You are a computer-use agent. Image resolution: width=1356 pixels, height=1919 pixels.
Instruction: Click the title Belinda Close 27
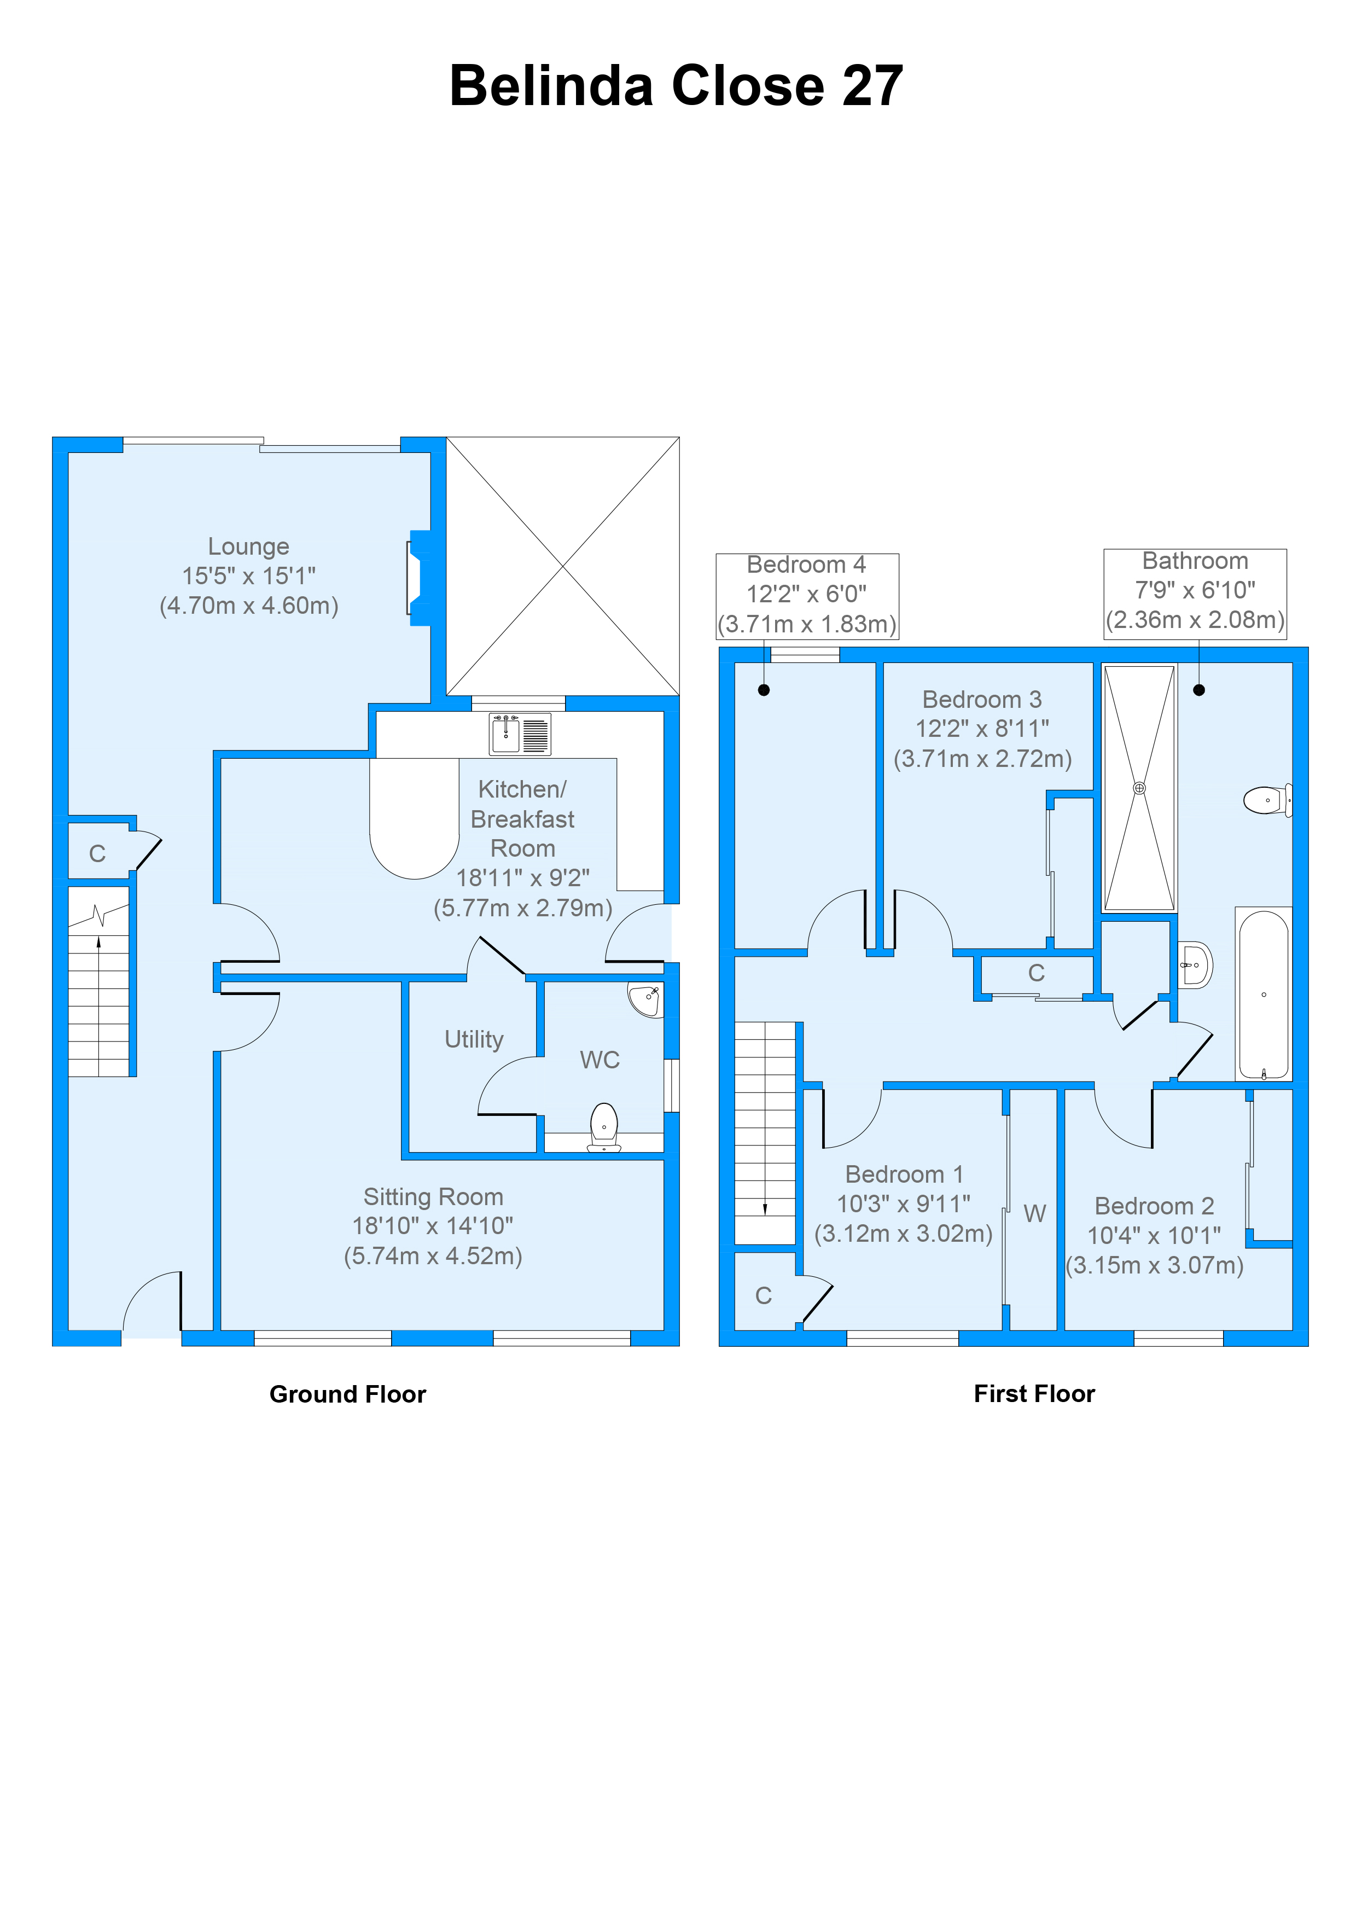[676, 86]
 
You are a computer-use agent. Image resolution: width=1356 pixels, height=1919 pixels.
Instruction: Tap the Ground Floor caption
[347, 1394]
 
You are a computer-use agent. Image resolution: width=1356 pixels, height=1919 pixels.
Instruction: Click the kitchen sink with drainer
[520, 734]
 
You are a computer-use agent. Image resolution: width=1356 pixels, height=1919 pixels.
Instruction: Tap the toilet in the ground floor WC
[604, 1126]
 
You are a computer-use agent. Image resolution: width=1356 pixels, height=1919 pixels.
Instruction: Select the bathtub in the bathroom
[1263, 995]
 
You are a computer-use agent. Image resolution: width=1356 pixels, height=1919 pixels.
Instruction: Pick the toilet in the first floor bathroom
[1267, 800]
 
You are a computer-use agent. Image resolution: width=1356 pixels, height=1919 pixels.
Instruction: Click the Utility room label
[474, 1040]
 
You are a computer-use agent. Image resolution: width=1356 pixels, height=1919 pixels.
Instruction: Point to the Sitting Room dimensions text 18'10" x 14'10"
[432, 1226]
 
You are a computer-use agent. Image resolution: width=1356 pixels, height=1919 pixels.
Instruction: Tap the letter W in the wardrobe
[1034, 1213]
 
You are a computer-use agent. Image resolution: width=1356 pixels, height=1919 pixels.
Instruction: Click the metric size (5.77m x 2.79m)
[522, 908]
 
